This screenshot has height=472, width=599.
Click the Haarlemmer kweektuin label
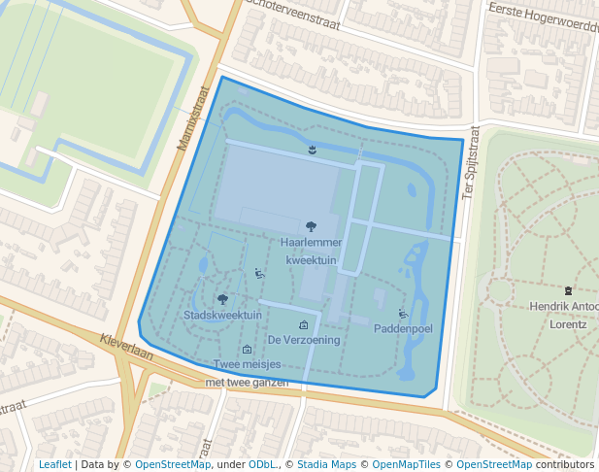pyautogui.click(x=310, y=251)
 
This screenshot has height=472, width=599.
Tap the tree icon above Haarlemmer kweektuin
pyautogui.click(x=311, y=227)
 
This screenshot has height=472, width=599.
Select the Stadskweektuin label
pyautogui.click(x=222, y=316)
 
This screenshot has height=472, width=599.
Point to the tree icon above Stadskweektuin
pyautogui.click(x=223, y=300)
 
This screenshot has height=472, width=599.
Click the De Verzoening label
pyautogui.click(x=304, y=340)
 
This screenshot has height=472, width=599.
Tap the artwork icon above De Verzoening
pyautogui.click(x=304, y=325)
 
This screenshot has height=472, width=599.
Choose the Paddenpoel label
pyautogui.click(x=403, y=328)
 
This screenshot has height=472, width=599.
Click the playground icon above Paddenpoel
pyautogui.click(x=403, y=314)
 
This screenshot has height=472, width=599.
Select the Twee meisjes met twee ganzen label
pyautogui.click(x=248, y=373)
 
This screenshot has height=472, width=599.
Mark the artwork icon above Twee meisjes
pyautogui.click(x=247, y=350)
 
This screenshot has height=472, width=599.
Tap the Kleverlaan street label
pyautogui.click(x=125, y=348)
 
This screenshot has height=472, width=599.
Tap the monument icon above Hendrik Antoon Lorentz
pyautogui.click(x=568, y=290)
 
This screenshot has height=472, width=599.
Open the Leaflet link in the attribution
pyautogui.click(x=54, y=464)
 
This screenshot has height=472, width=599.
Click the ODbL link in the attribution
pyautogui.click(x=261, y=464)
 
